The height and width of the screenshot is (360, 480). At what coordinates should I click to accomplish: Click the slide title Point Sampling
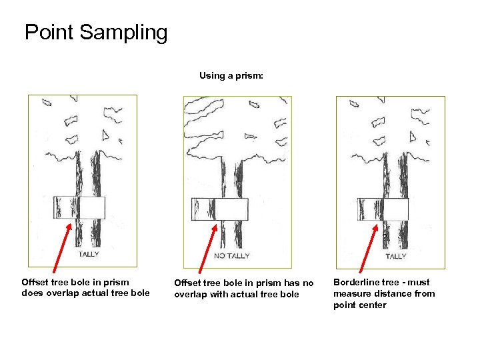pyautogui.click(x=96, y=33)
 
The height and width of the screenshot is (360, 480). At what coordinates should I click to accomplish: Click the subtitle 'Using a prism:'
pyautogui.click(x=231, y=76)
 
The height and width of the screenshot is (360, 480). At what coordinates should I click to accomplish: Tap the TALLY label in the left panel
pyautogui.click(x=89, y=254)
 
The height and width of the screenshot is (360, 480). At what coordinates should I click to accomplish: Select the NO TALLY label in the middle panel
pyautogui.click(x=232, y=255)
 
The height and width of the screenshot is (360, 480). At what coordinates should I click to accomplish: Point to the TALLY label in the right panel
pyautogui.click(x=395, y=256)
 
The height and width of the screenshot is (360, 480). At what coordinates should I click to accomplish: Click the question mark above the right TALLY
pyautogui.click(x=385, y=237)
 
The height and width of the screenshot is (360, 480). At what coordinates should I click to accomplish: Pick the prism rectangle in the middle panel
pyautogui.click(x=219, y=209)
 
